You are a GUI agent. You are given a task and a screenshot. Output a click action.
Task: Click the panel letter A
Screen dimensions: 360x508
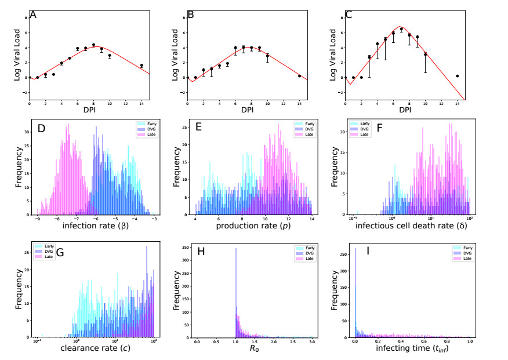coord(33,14)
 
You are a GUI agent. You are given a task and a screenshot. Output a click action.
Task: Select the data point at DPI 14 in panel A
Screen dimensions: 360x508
coord(141,66)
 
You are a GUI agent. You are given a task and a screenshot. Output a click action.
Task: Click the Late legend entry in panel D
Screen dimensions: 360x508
coord(144,135)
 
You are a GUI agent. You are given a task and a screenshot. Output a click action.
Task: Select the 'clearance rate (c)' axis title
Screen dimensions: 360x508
coord(94,350)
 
